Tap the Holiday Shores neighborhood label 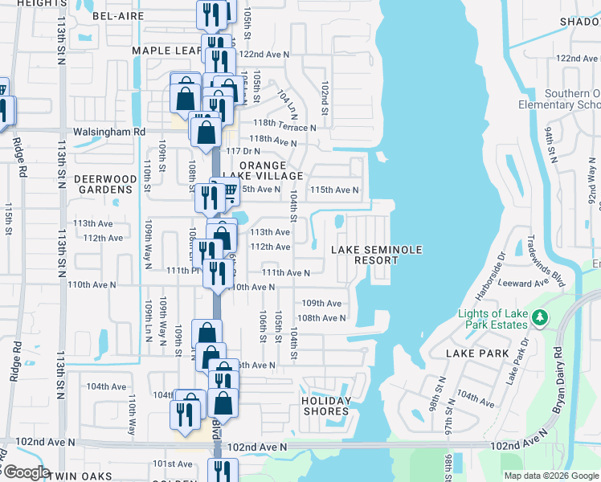[x=326, y=406]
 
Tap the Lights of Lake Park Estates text [x=493, y=319]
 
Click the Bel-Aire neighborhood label [x=117, y=15]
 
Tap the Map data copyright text [x=551, y=476]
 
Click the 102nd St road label [x=325, y=96]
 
